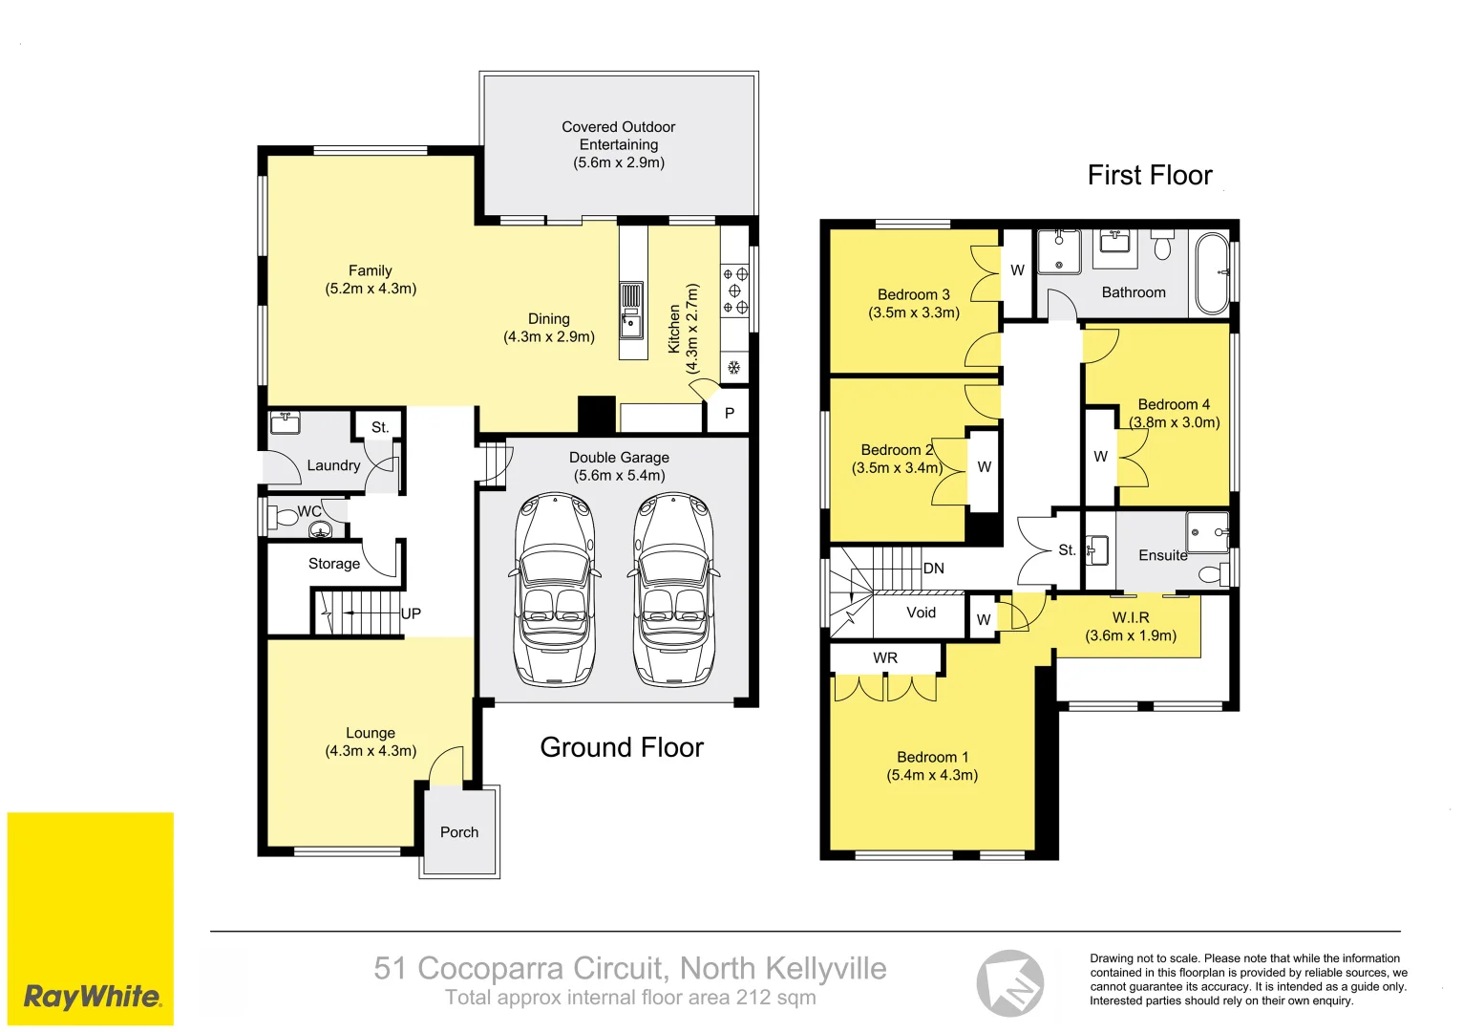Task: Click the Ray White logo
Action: click(x=92, y=997)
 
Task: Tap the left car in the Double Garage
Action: click(x=555, y=590)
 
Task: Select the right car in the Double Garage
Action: click(x=674, y=590)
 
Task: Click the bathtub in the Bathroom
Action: click(x=1212, y=273)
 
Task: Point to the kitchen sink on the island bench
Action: click(x=631, y=323)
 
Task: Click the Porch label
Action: click(x=459, y=832)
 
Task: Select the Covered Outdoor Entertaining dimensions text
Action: click(x=619, y=162)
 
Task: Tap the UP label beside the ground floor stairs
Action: click(x=411, y=613)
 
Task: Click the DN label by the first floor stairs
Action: click(x=933, y=569)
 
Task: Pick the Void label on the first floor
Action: click(x=921, y=613)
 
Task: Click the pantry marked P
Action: click(x=730, y=414)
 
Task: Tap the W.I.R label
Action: click(x=1131, y=617)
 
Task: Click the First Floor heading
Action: click(x=1150, y=176)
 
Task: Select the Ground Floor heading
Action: click(x=622, y=747)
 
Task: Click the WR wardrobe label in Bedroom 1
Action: click(x=885, y=657)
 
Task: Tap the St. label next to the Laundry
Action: click(x=380, y=427)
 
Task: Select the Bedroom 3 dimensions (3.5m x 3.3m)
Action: click(x=914, y=312)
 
